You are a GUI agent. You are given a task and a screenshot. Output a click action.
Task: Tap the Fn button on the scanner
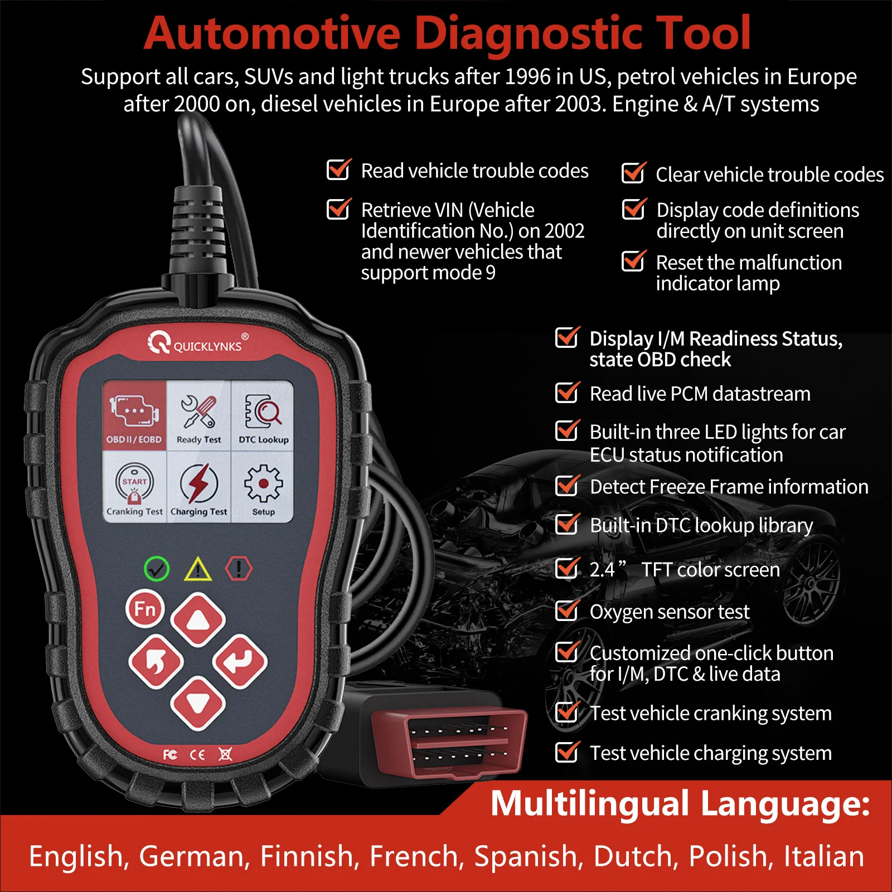click(145, 608)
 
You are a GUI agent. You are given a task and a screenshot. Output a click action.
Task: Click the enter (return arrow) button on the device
click(240, 661)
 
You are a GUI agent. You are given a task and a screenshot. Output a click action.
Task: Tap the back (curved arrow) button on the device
click(156, 661)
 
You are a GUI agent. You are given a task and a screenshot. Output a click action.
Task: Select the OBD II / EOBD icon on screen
click(134, 415)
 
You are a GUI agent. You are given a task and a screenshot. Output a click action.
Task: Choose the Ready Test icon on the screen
click(198, 416)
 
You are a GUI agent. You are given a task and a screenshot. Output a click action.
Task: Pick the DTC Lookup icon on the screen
click(263, 416)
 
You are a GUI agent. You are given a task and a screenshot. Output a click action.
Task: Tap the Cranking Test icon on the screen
click(134, 487)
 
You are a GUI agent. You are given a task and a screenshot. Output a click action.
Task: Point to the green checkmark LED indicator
click(157, 569)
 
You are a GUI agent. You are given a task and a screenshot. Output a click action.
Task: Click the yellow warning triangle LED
click(198, 570)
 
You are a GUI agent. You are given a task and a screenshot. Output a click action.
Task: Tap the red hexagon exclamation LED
click(239, 569)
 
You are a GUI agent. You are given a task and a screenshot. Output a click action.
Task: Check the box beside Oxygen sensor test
click(567, 611)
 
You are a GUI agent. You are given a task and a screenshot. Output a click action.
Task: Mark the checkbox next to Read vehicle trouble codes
click(338, 170)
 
